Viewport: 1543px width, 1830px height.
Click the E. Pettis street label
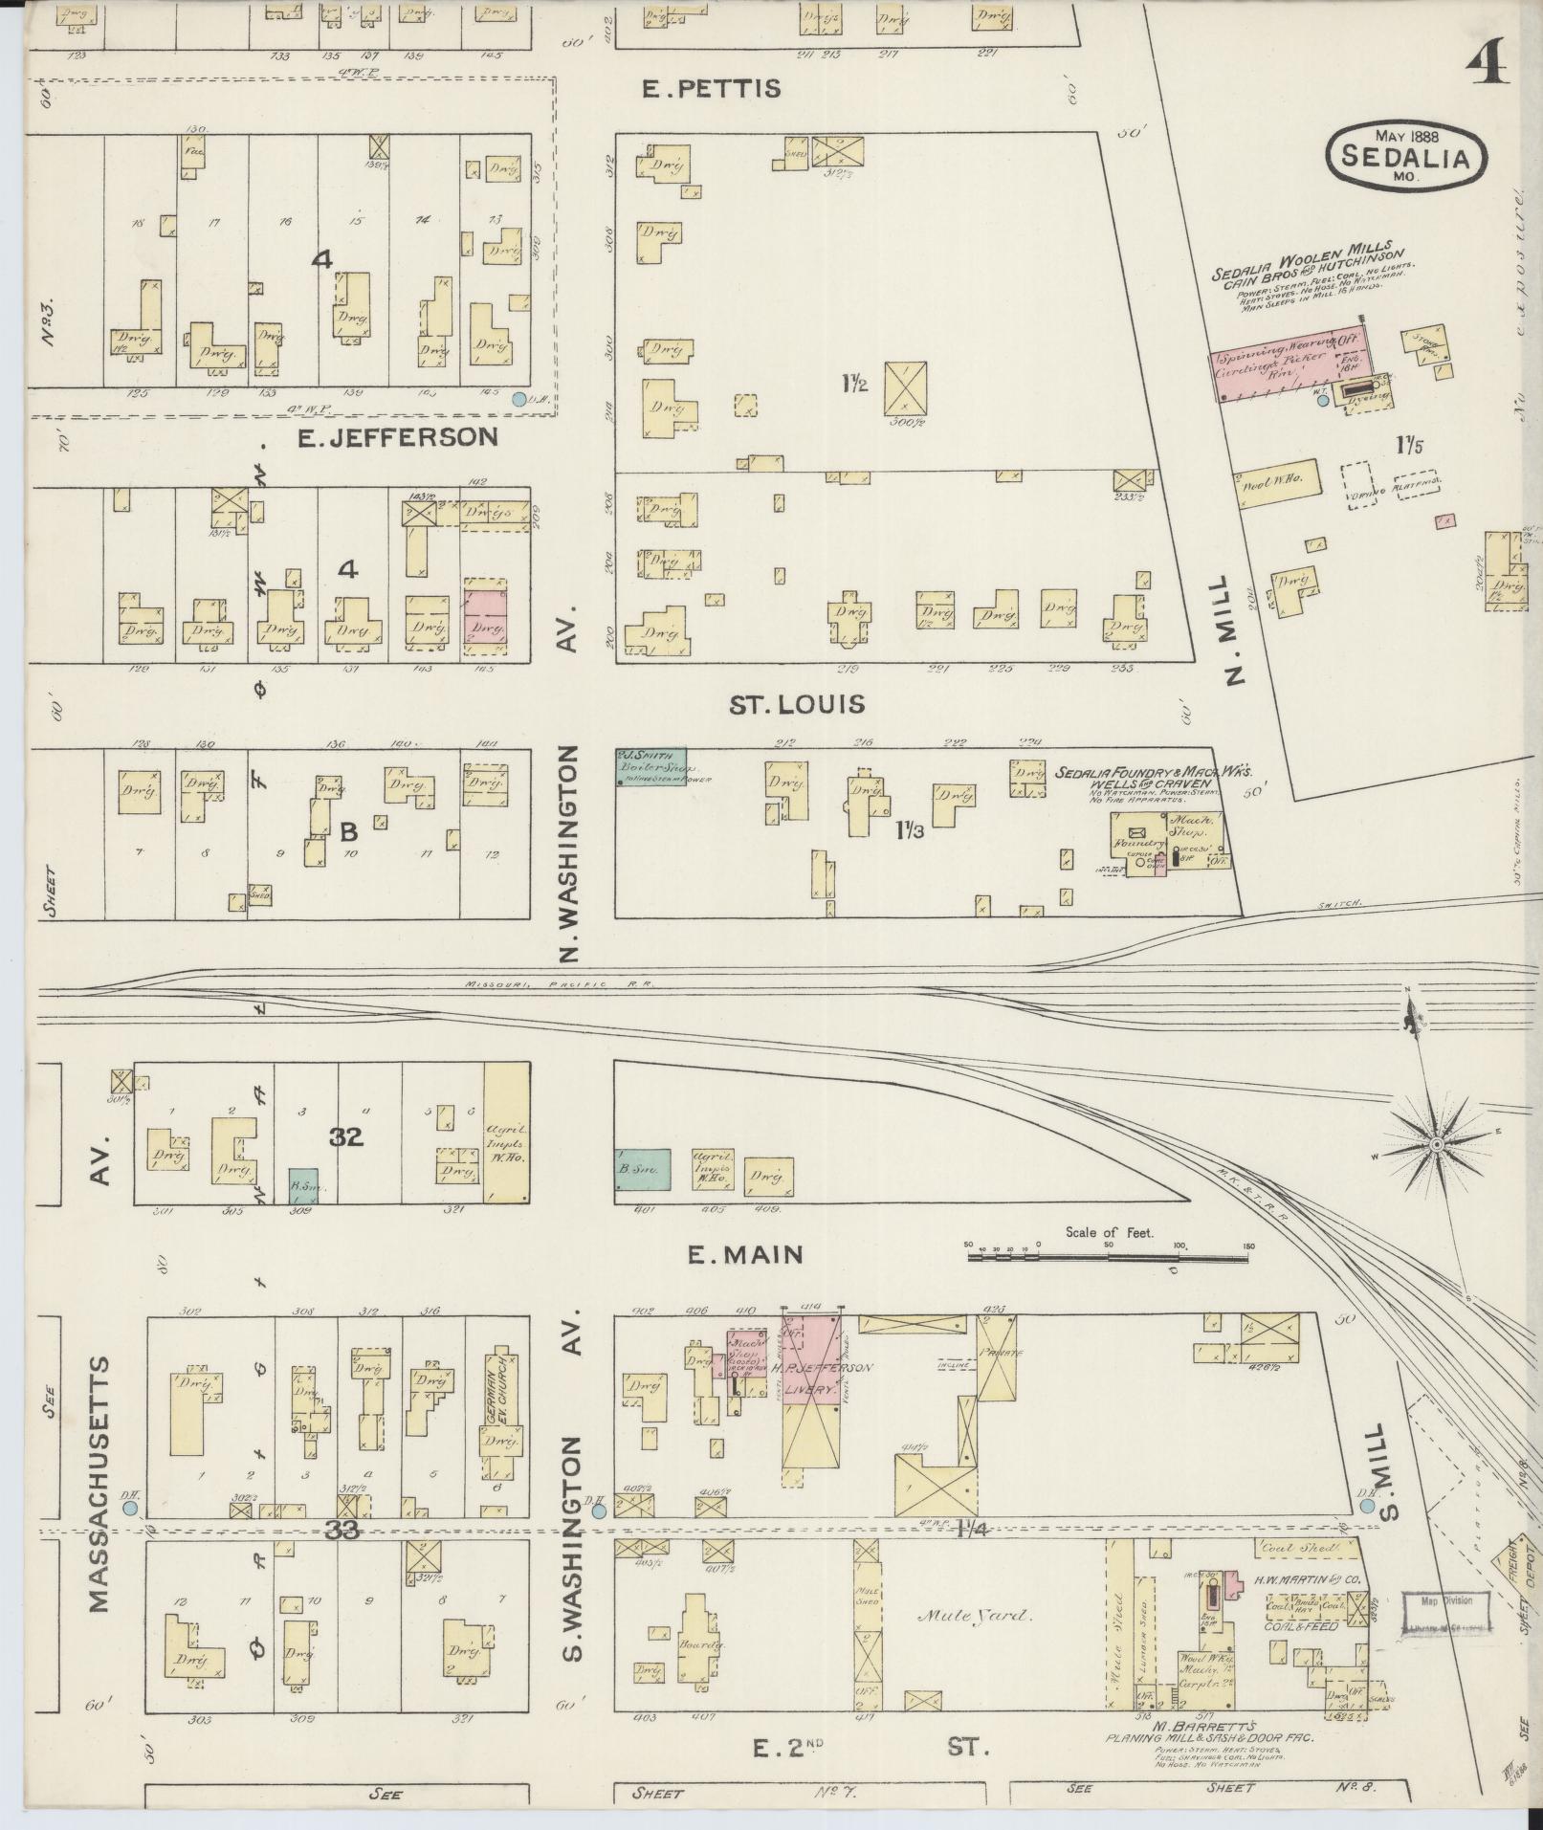[x=711, y=89]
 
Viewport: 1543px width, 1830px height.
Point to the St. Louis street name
[x=797, y=705]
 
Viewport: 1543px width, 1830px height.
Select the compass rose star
[x=1436, y=1144]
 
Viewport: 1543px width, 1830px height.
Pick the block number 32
[x=346, y=1137]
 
